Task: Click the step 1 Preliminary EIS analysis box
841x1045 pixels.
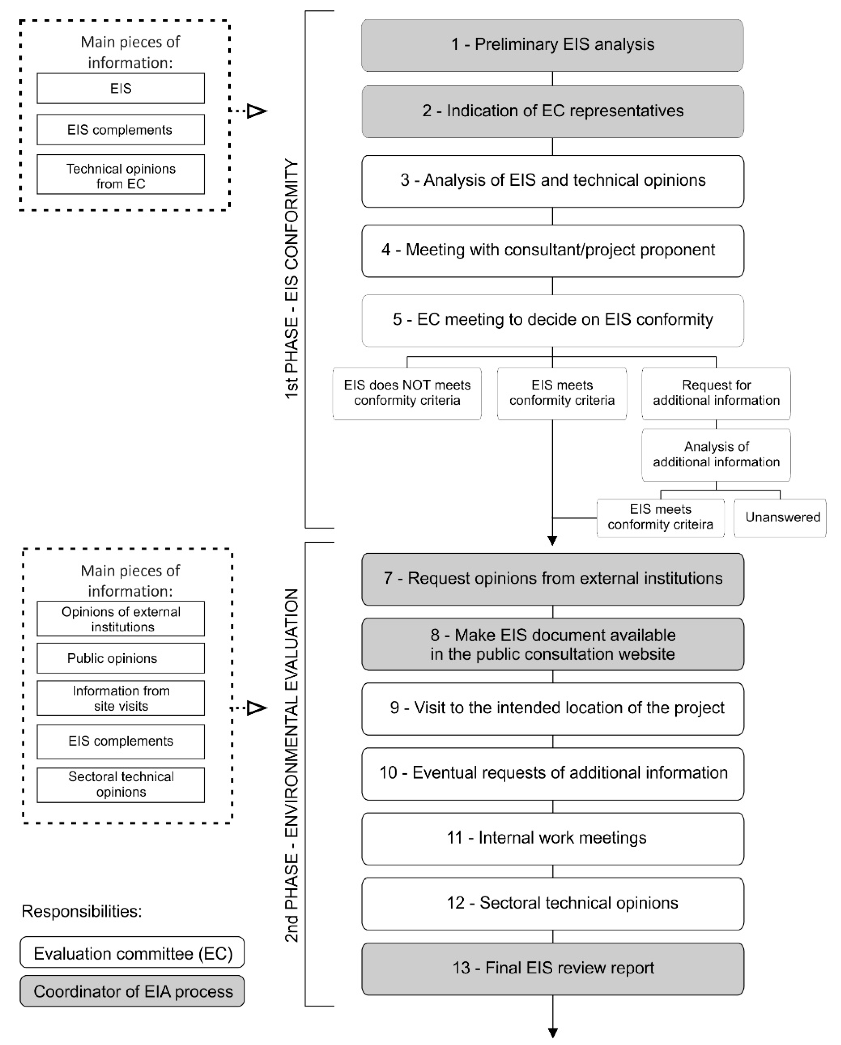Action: [552, 45]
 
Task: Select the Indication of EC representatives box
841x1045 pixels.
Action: [552, 112]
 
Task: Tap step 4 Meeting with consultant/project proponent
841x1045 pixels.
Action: [552, 251]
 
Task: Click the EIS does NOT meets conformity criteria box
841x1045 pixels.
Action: [407, 393]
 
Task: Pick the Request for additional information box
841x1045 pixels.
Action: [716, 393]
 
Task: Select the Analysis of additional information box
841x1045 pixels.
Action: [716, 455]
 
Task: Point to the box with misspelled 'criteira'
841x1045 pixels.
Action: [660, 518]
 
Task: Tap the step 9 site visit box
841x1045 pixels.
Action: [552, 709]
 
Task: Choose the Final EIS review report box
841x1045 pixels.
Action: [552, 968]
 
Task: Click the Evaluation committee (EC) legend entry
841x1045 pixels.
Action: [132, 953]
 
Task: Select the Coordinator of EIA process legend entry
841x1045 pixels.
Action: [132, 991]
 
